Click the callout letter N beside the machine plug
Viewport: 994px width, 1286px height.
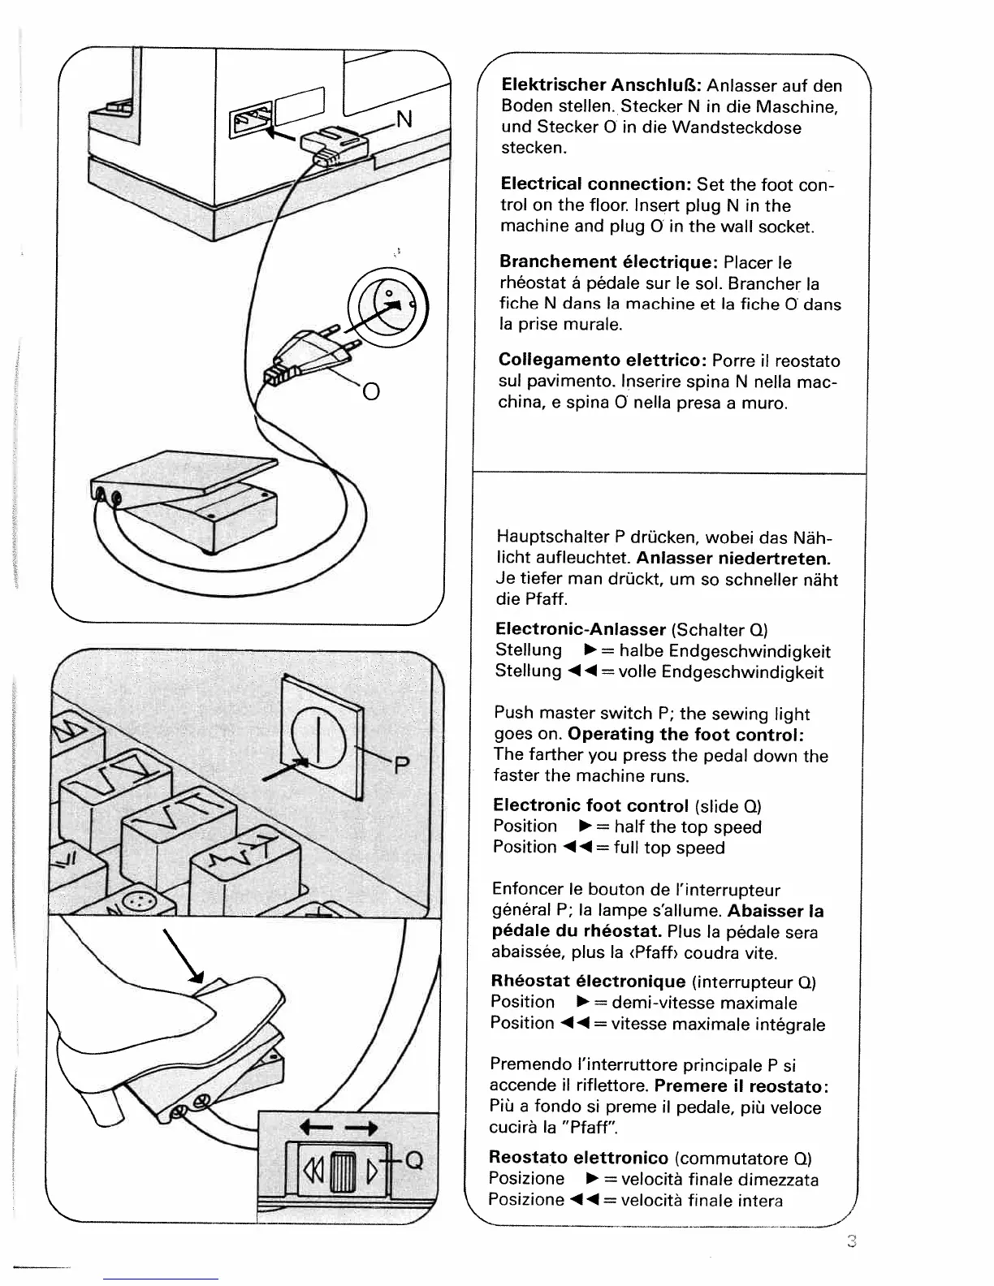click(404, 119)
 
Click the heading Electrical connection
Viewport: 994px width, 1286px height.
click(595, 184)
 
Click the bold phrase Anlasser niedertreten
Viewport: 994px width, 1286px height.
click(733, 559)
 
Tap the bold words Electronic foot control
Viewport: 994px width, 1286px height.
click(590, 805)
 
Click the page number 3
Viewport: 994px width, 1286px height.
click(851, 1241)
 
